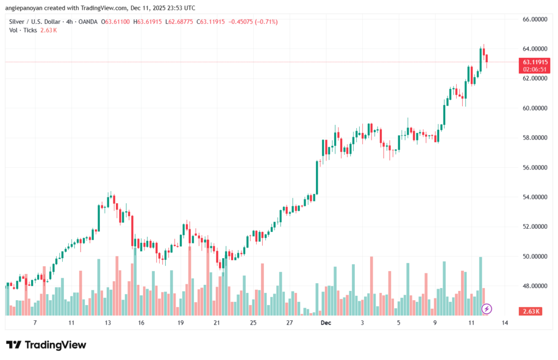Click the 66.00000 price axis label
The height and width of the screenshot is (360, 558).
(x=535, y=19)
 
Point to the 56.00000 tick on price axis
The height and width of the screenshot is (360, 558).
(x=535, y=167)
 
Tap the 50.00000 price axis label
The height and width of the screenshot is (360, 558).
(x=535, y=256)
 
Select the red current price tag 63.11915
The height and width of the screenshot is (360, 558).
(x=535, y=62)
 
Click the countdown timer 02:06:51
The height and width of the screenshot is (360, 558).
(x=535, y=70)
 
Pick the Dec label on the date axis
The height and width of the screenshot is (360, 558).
(x=326, y=323)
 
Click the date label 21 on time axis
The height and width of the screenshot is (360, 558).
(x=216, y=323)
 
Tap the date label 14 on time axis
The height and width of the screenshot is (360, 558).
(x=505, y=323)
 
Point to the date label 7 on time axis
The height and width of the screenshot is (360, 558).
(x=34, y=323)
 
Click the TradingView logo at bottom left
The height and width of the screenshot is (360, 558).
(x=46, y=345)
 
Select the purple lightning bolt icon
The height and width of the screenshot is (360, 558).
(x=487, y=309)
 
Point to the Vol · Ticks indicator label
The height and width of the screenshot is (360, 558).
(x=24, y=30)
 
